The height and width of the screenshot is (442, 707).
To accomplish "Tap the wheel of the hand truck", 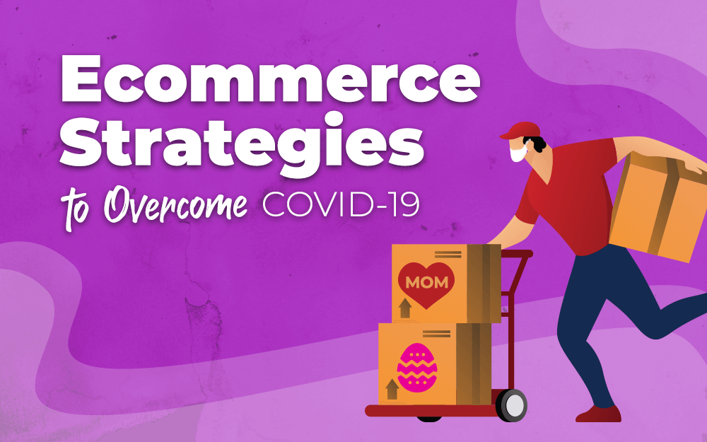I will (512, 405).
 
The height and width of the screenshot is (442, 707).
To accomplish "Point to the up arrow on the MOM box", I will (405, 306).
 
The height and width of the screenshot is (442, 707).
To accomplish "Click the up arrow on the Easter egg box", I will (391, 388).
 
